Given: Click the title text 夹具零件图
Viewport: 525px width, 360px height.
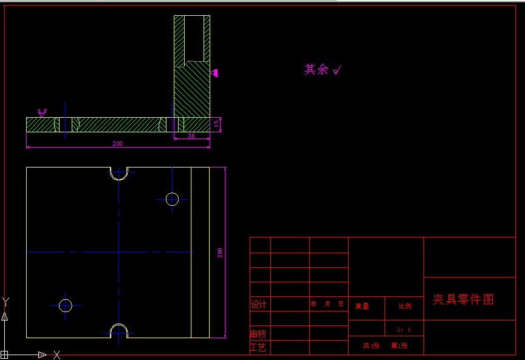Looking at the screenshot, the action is pyautogui.click(x=463, y=299).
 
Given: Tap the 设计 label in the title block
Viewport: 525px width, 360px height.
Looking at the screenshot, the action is pyautogui.click(x=259, y=304).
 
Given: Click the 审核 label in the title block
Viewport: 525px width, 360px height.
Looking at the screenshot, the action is pyautogui.click(x=258, y=334).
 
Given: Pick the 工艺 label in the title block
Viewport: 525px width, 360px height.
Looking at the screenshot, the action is pyautogui.click(x=258, y=348).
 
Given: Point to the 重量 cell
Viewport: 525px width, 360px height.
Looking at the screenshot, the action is pyautogui.click(x=362, y=307).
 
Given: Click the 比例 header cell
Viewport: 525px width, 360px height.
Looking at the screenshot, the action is pyautogui.click(x=404, y=307).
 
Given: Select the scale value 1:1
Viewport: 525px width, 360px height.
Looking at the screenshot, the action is pyautogui.click(x=404, y=330).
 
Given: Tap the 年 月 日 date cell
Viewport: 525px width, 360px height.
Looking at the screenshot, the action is pyautogui.click(x=328, y=304).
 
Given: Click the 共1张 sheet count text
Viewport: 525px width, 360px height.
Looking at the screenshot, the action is pyautogui.click(x=371, y=346).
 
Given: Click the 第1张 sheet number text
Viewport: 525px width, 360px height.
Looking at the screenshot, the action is pyautogui.click(x=399, y=346).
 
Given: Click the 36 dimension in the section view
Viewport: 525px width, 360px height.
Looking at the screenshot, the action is pyautogui.click(x=191, y=137).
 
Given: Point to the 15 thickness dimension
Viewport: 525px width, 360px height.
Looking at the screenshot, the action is pyautogui.click(x=216, y=124).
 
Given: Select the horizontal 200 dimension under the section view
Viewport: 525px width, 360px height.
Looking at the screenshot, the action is pyautogui.click(x=117, y=144).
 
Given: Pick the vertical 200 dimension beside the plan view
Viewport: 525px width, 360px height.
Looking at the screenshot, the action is pyautogui.click(x=220, y=253).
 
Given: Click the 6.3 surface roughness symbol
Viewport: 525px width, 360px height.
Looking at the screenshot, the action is pyautogui.click(x=42, y=112).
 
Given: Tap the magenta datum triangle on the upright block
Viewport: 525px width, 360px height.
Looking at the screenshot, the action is pyautogui.click(x=214, y=73).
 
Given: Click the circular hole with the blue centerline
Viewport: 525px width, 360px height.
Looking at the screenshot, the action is pyautogui.click(x=172, y=199).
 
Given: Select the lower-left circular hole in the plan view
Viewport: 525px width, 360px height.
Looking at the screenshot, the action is pyautogui.click(x=65, y=305).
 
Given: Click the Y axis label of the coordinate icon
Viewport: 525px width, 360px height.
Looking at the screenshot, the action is pyautogui.click(x=5, y=301).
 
